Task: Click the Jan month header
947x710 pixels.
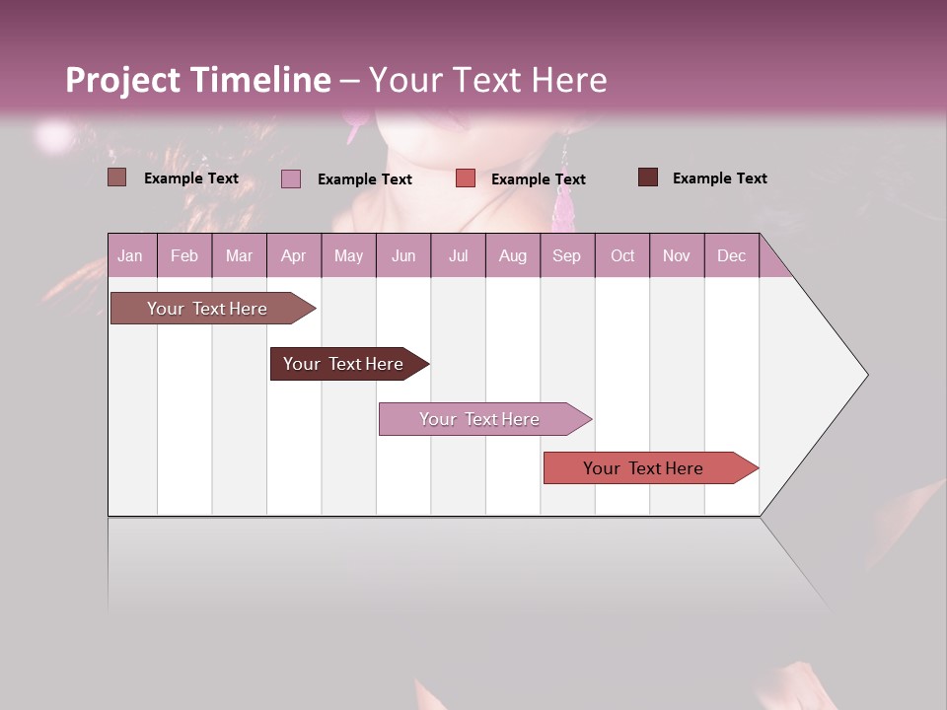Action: (x=130, y=255)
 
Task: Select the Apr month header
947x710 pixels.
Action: (x=293, y=255)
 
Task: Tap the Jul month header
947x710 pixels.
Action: (x=458, y=255)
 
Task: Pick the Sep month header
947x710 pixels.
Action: (x=566, y=255)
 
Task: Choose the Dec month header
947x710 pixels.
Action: (x=731, y=255)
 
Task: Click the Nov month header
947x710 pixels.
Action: (x=676, y=255)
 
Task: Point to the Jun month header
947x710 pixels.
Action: (x=403, y=255)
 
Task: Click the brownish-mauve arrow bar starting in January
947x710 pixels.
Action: (x=207, y=309)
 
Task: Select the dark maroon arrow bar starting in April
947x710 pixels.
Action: (x=343, y=364)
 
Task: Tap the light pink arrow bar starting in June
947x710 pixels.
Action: (x=479, y=419)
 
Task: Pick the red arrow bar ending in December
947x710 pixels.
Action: (x=643, y=468)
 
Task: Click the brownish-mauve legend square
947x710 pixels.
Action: (x=117, y=177)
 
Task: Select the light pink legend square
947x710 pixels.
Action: (x=291, y=178)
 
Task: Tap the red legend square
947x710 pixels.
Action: (x=466, y=178)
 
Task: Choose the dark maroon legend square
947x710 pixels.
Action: (x=648, y=177)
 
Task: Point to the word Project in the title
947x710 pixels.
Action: (x=122, y=80)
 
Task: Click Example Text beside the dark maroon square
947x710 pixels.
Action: (x=719, y=178)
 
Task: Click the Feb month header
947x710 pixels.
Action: (x=184, y=255)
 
